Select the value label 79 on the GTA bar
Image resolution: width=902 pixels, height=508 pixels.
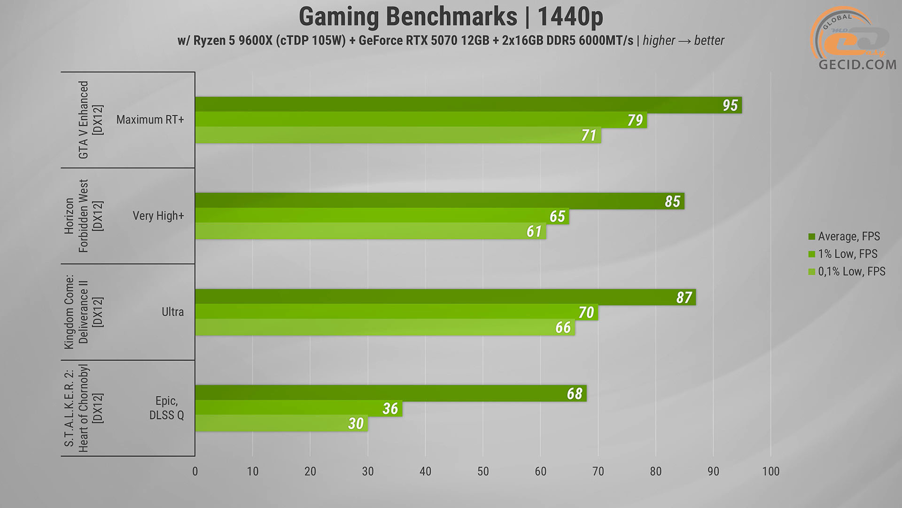coord(635,120)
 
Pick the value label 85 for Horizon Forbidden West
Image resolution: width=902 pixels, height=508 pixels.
coord(672,201)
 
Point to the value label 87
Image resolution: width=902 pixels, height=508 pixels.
coord(684,297)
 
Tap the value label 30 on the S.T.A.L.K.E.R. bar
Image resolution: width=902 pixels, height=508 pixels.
coord(356,423)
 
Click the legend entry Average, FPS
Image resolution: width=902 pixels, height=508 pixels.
coord(848,237)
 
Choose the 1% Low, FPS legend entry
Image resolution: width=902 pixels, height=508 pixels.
coord(847,254)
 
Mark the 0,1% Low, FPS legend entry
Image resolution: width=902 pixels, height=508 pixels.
coord(851,271)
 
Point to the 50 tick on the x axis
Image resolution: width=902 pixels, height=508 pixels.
coord(483,471)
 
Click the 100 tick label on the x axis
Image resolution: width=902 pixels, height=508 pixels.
coord(770,471)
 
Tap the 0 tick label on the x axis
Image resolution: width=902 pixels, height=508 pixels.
coord(195,471)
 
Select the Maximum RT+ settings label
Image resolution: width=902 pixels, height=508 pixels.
coord(150,120)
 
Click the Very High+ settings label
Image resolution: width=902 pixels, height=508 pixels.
coord(158,216)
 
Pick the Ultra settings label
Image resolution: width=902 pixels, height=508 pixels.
coord(172,312)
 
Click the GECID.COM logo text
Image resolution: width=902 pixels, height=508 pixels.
coord(857,64)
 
